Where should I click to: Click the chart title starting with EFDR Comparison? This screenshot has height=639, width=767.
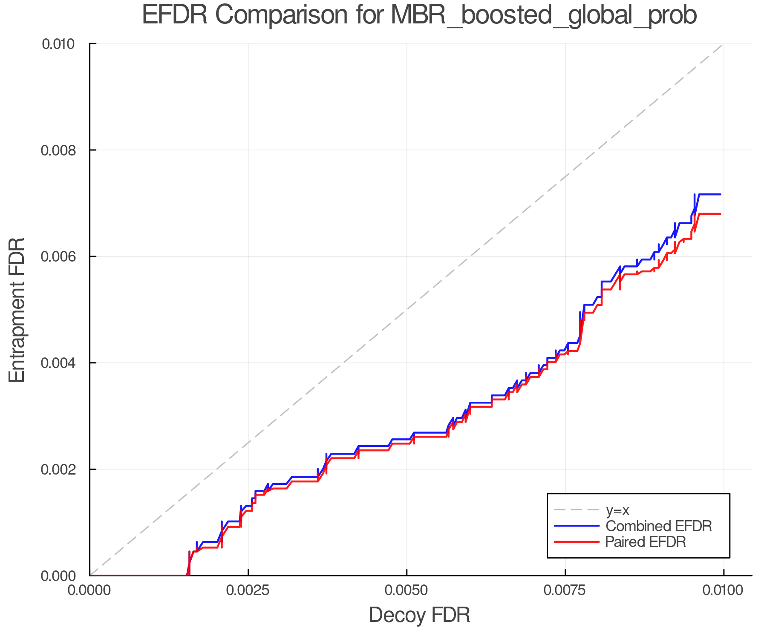(419, 15)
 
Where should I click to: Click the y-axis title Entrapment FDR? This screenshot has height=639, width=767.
(17, 310)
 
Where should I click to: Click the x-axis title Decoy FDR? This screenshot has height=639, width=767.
(419, 615)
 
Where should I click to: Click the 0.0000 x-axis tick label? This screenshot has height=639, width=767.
(89, 590)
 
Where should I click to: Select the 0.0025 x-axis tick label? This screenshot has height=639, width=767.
(248, 590)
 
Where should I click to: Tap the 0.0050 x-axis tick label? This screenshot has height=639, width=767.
(407, 590)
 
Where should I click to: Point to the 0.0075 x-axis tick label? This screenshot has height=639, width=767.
(565, 590)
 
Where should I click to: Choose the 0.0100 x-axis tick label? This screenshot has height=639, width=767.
(724, 590)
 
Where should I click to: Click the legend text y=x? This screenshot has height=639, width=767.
(617, 510)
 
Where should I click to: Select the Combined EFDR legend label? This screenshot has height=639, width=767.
(658, 526)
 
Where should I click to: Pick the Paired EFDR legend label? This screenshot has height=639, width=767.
(646, 542)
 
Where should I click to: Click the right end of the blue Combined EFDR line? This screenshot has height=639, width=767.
(720, 194)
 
